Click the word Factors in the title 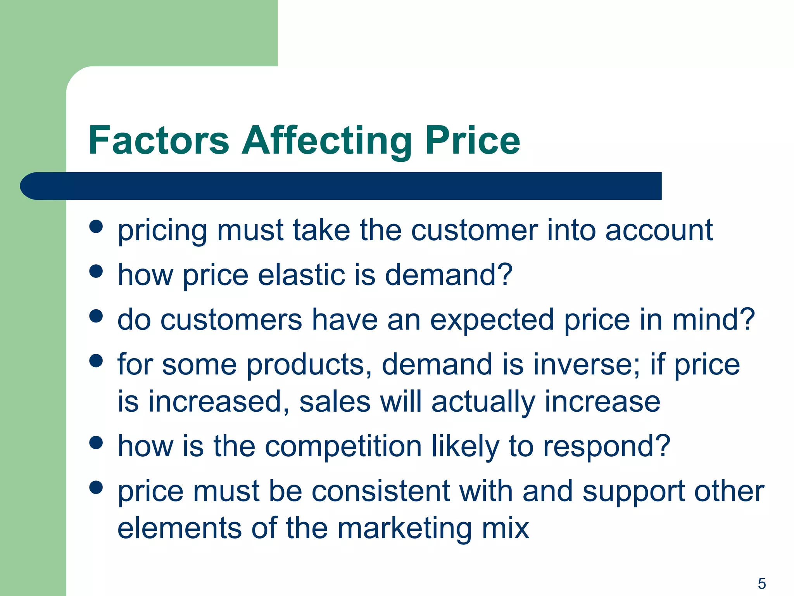[x=159, y=140]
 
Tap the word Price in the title [x=473, y=140]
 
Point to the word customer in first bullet [x=474, y=230]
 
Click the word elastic [x=301, y=275]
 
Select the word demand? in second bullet [x=449, y=275]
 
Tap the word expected [x=492, y=320]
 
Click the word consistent [x=381, y=491]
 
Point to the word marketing [x=404, y=528]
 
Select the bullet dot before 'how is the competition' [x=96, y=442]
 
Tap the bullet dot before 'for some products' [x=96, y=360]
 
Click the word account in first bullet [x=659, y=230]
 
